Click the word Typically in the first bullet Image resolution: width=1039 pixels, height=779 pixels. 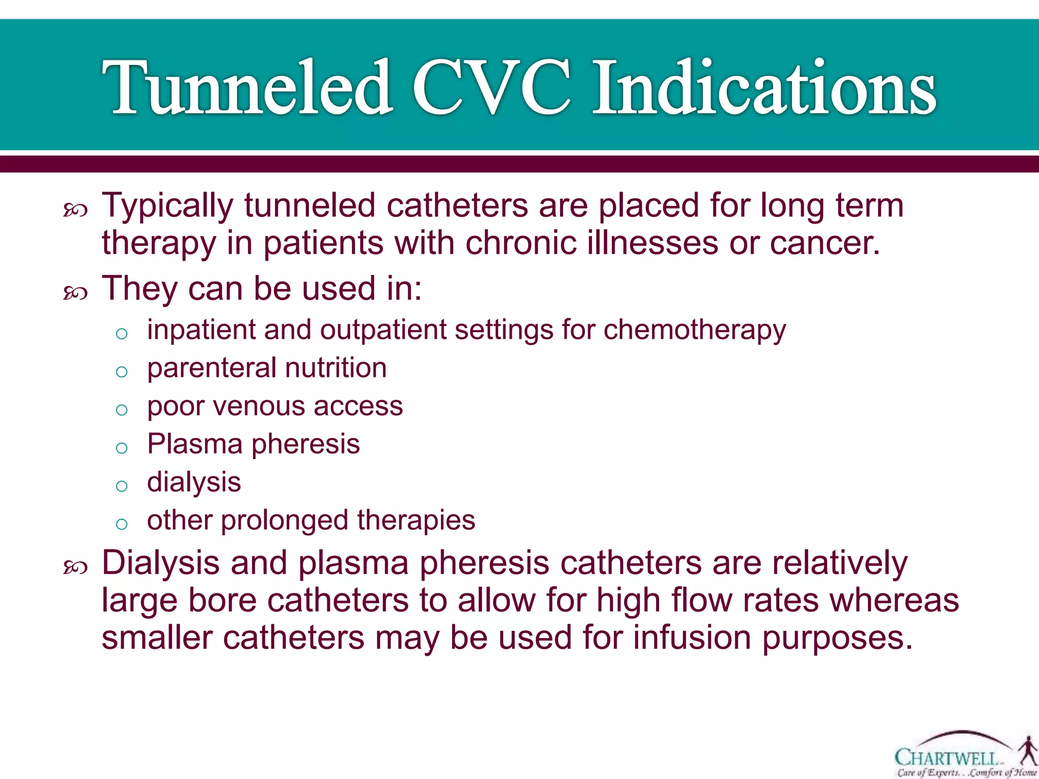tap(167, 206)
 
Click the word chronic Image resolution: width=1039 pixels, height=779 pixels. tap(521, 243)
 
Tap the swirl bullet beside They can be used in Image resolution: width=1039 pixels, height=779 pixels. tap(75, 293)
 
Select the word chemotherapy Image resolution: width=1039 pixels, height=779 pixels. tap(695, 330)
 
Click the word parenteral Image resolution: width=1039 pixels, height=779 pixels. tap(211, 369)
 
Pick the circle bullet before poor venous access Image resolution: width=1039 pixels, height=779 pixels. tap(121, 409)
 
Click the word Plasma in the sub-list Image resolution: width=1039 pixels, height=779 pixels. tap(195, 444)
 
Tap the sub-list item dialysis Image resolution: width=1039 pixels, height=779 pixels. tap(194, 482)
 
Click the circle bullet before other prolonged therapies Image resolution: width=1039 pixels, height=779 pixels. tap(121, 524)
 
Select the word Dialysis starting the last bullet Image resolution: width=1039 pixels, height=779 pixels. tap(161, 563)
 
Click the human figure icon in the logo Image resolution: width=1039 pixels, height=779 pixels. tap(1028, 751)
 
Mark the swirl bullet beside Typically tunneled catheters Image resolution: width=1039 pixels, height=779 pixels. tap(75, 209)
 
